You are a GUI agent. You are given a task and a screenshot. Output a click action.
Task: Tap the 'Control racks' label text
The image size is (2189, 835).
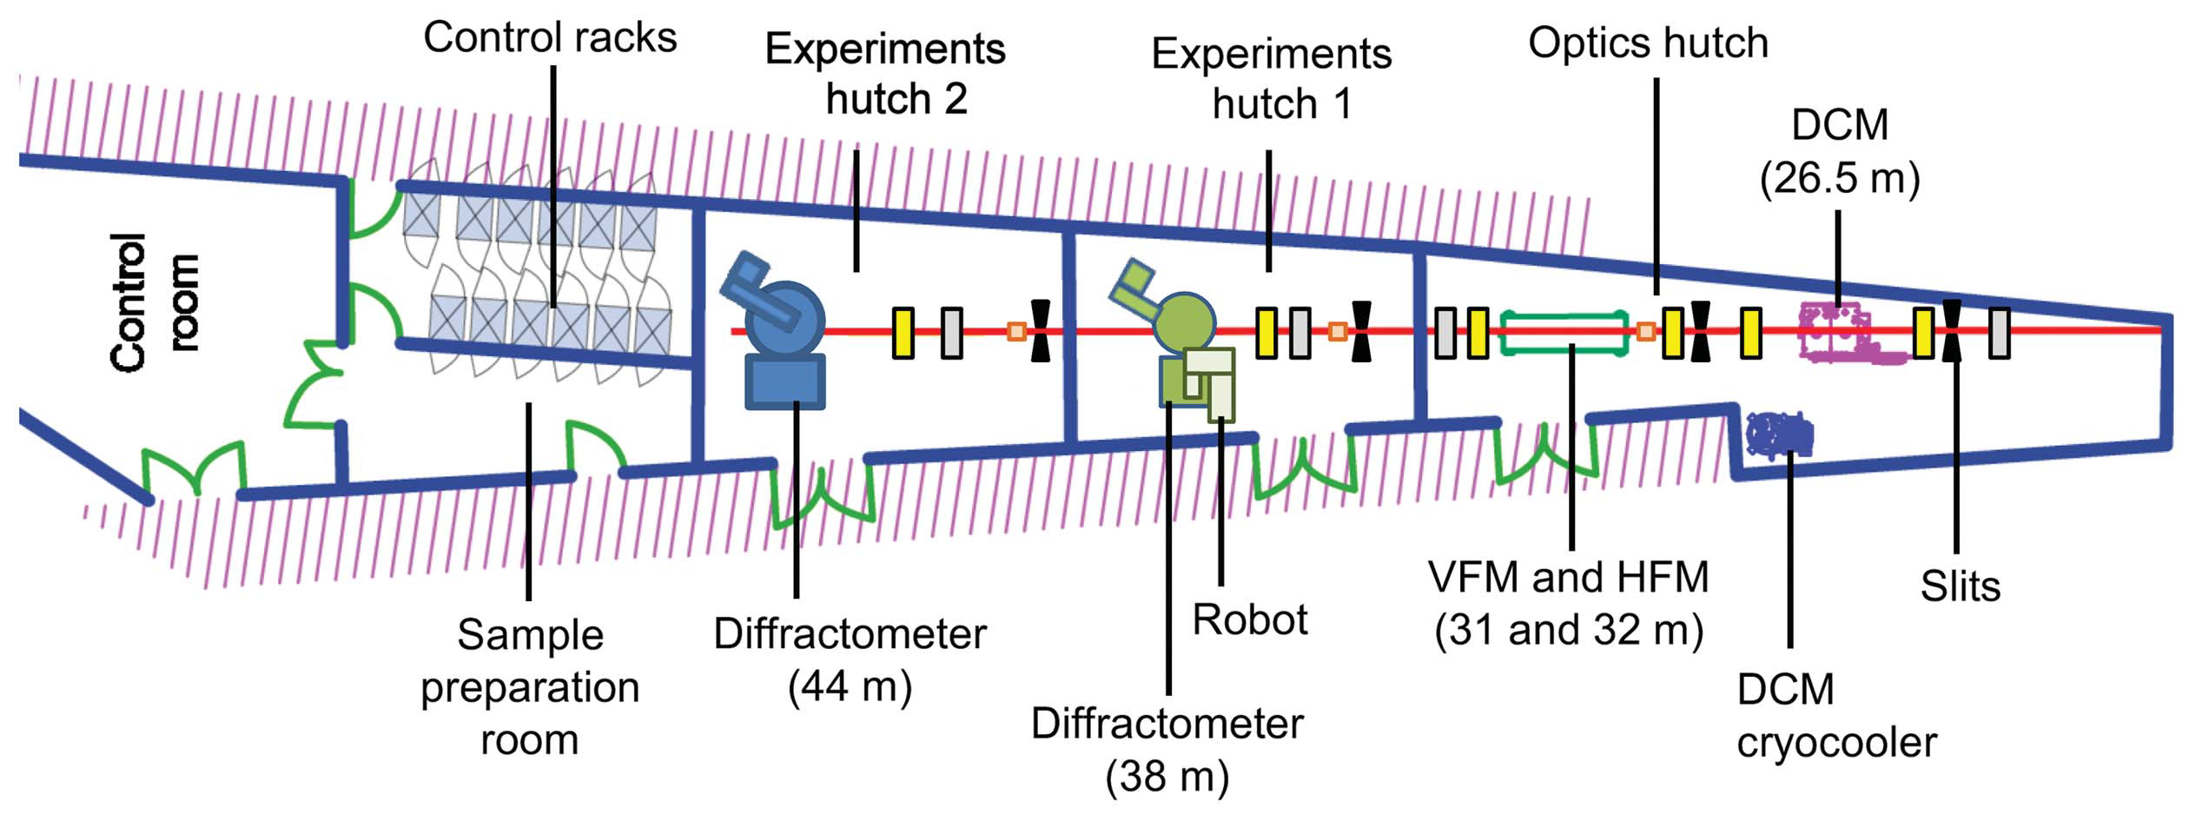coord(550,38)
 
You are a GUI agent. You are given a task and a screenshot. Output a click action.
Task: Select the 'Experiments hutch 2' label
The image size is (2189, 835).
coord(884,74)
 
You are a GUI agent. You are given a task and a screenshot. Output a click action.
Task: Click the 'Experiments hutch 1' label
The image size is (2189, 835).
coord(1271,79)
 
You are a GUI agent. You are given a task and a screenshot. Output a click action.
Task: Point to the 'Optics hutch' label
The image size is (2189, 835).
coord(1648,43)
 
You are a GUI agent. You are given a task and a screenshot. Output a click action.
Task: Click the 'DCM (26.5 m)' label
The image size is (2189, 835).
coord(1839,151)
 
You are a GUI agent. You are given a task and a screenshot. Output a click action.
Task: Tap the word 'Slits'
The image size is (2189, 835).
coord(1960,586)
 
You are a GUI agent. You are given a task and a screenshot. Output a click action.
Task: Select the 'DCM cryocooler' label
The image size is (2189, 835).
coord(1835,716)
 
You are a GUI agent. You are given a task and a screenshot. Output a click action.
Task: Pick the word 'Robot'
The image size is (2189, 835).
coord(1249,620)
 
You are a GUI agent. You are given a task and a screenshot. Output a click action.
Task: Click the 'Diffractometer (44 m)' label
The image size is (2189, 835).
coord(850,659)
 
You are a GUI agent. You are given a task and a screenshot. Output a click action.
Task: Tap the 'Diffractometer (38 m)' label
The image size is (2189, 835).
coord(1167,749)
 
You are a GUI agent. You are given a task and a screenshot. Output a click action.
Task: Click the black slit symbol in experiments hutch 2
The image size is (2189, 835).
coord(1040,330)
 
